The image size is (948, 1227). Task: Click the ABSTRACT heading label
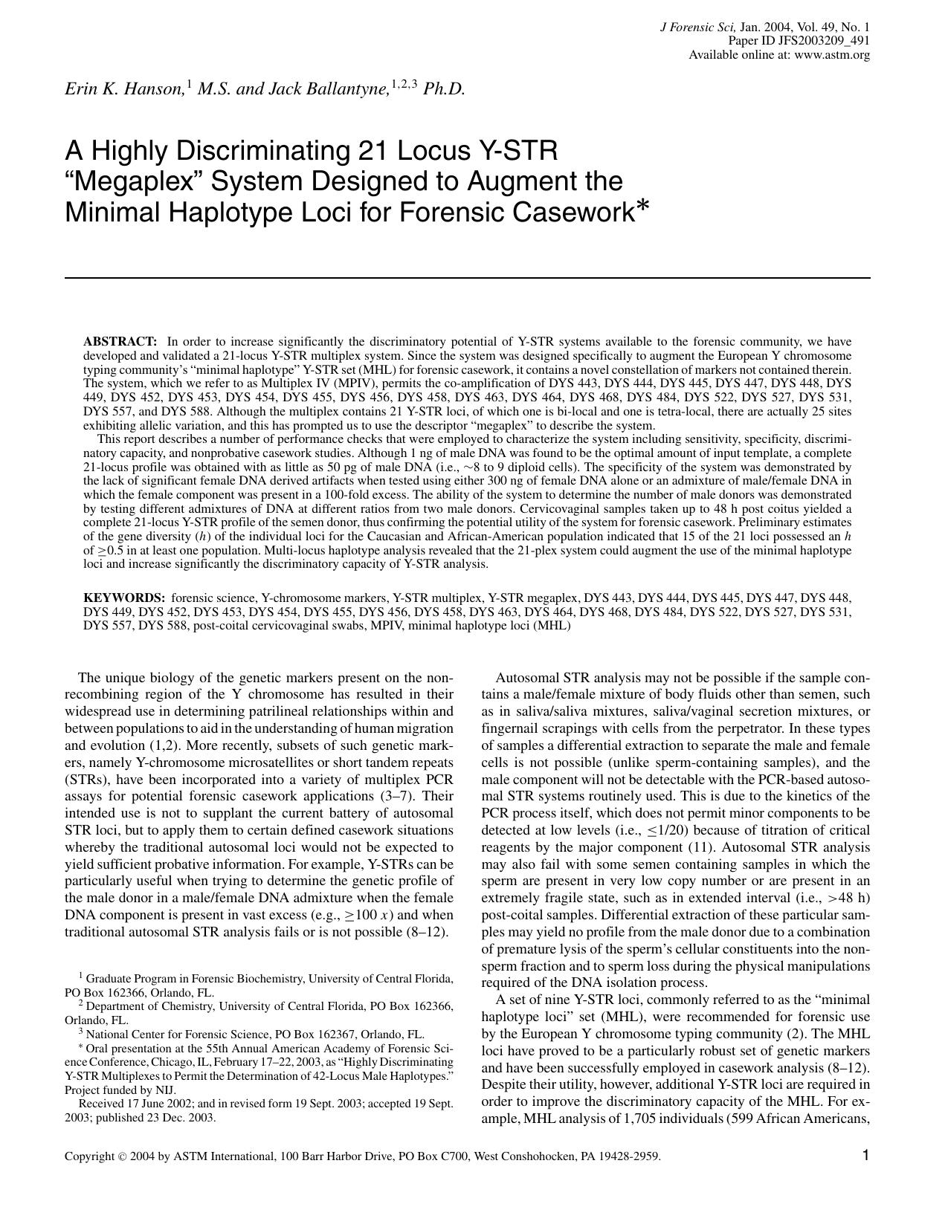pos(120,342)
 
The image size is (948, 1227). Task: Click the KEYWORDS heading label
pos(123,598)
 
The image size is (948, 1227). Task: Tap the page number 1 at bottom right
pos(865,1154)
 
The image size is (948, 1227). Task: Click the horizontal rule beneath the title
pos(467,278)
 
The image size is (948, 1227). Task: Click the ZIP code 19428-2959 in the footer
pos(631,1156)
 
